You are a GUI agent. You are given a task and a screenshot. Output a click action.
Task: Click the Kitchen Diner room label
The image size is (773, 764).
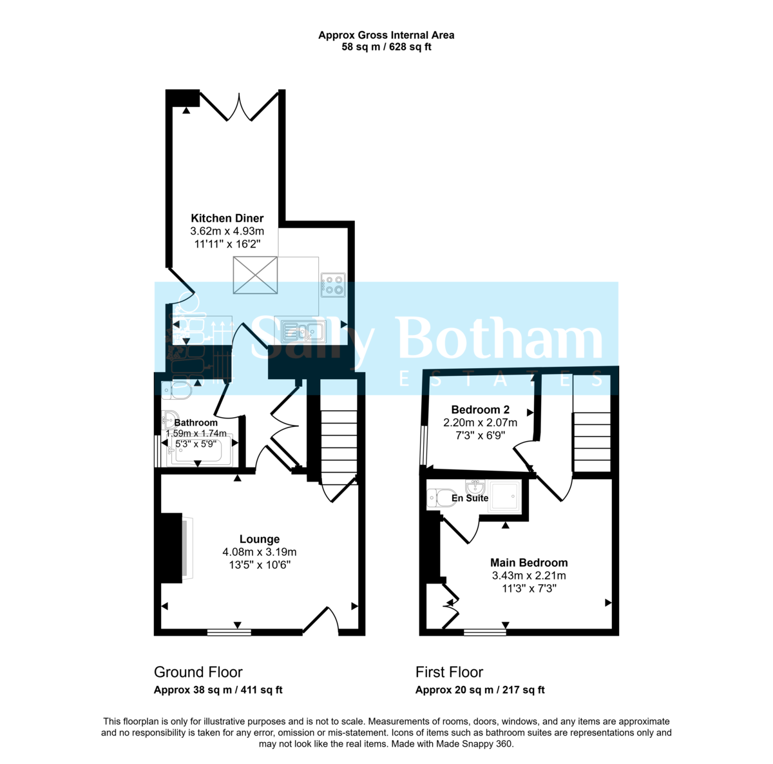(x=227, y=219)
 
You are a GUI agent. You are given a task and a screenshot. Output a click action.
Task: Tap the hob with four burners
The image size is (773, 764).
(x=333, y=284)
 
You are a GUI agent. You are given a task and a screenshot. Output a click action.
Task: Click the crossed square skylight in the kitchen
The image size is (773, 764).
(x=255, y=275)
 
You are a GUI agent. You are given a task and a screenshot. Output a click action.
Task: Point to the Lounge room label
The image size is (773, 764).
(x=260, y=539)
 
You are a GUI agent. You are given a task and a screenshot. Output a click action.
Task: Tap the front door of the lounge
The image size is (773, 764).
(x=321, y=621)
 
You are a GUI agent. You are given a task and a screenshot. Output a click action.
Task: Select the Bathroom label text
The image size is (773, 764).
(x=196, y=423)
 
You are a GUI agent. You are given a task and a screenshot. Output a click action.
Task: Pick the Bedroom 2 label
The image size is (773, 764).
(x=480, y=409)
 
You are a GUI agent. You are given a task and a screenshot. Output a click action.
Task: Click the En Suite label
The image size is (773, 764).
(x=470, y=498)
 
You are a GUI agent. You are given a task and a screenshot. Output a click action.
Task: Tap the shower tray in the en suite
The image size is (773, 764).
(x=504, y=496)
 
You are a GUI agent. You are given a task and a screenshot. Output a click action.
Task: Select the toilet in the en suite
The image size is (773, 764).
(x=441, y=498)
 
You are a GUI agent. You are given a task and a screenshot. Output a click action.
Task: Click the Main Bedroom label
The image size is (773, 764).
(x=529, y=563)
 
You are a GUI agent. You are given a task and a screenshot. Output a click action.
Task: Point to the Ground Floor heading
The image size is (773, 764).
(x=198, y=672)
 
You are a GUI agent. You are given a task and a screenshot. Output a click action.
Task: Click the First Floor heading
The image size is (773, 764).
(x=449, y=672)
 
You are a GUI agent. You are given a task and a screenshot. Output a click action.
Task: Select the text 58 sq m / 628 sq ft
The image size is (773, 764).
(x=386, y=47)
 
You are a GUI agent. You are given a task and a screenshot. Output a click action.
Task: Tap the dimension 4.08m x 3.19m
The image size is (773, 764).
(x=260, y=552)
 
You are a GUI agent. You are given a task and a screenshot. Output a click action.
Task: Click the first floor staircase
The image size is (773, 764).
(x=591, y=442)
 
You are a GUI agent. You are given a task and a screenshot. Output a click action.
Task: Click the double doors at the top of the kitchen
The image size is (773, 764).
(x=239, y=107)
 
